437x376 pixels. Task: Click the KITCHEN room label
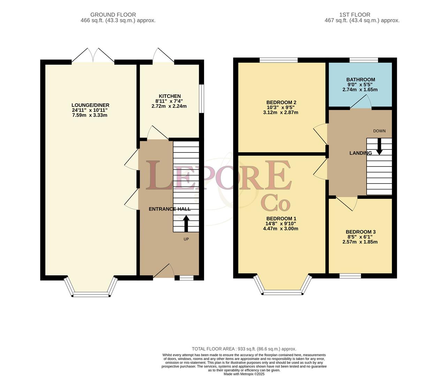[170, 96]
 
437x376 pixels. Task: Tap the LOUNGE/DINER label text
[90, 105]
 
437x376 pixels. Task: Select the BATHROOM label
[361, 79]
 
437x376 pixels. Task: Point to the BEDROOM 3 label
[361, 232]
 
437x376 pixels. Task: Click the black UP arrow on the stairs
[186, 224]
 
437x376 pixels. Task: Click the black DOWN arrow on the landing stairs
[379, 147]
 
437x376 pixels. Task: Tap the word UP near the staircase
[186, 239]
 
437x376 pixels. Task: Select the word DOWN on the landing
[379, 131]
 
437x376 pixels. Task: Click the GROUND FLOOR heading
[113, 15]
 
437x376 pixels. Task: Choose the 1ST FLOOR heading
[355, 15]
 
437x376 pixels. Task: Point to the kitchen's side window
[202, 99]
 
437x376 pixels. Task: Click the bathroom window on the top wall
[364, 60]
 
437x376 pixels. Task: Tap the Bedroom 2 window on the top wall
[279, 60]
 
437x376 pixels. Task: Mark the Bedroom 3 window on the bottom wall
[350, 276]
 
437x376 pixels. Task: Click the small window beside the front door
[187, 278]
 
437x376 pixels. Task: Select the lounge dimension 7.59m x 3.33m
[90, 115]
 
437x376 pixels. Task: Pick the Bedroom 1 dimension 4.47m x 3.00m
[280, 228]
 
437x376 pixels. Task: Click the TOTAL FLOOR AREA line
[244, 349]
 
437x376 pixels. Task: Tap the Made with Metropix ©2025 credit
[244, 374]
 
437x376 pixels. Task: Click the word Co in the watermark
[276, 203]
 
